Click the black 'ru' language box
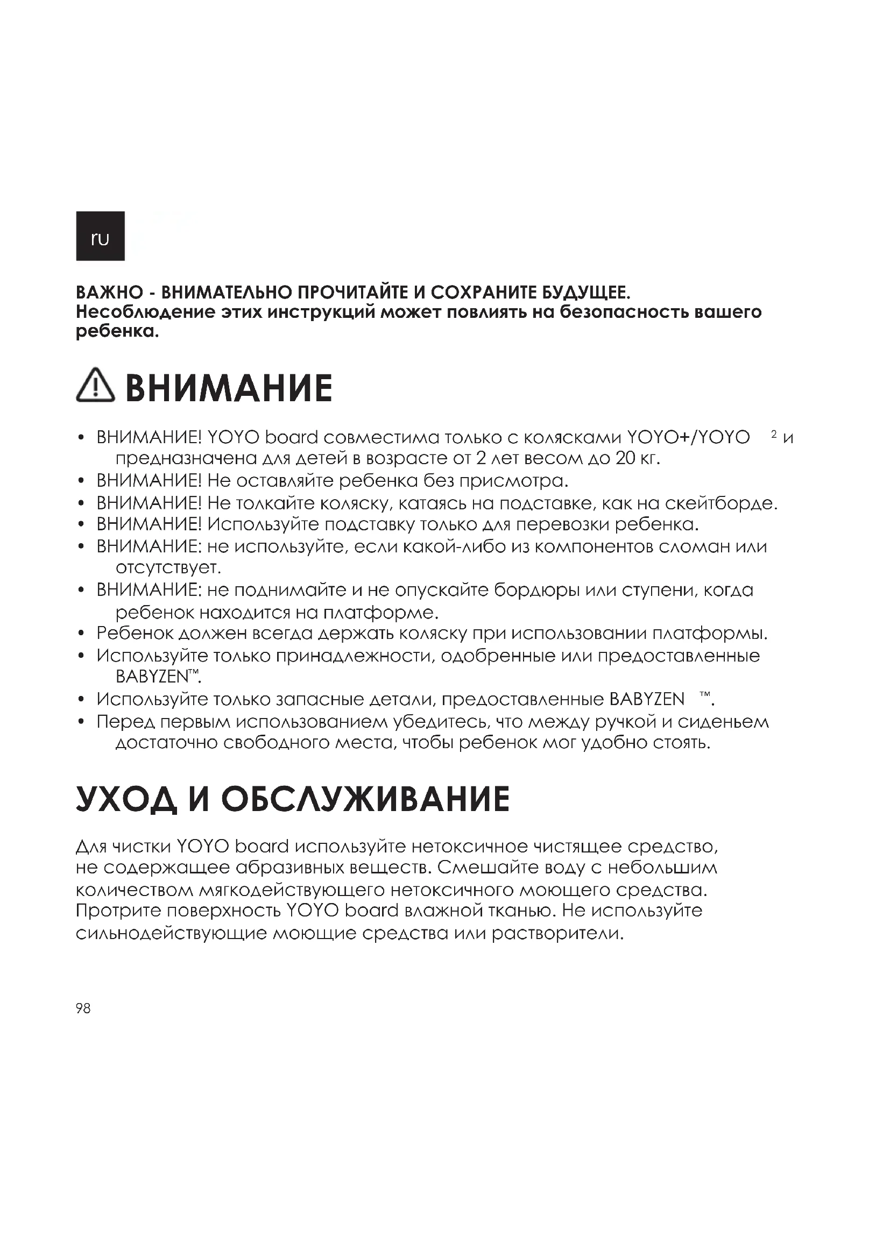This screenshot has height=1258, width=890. coord(100,236)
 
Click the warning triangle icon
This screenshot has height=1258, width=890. coord(95,386)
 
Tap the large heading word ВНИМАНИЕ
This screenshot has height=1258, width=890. coord(229,388)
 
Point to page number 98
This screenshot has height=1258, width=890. coord(83,1008)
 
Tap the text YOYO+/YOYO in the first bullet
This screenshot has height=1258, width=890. coord(688,438)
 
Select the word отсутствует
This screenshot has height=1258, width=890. coord(168,568)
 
